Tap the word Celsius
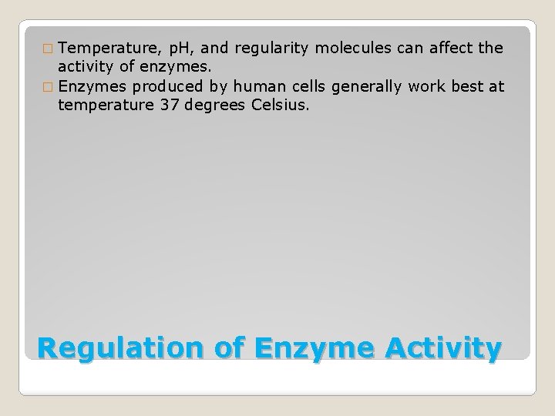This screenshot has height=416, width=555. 281,104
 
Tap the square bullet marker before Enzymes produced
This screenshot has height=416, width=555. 49,87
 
